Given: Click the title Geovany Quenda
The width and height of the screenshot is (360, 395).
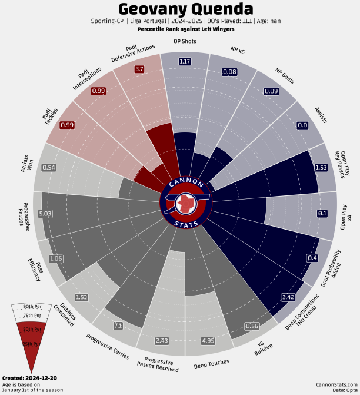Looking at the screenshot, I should click(x=186, y=10).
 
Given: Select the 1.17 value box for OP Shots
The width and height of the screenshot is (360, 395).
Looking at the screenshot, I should click(x=185, y=61).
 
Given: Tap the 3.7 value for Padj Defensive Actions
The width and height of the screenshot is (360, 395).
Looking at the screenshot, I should click(x=139, y=69).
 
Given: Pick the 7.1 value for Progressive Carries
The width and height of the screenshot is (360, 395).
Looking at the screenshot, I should click(x=118, y=326).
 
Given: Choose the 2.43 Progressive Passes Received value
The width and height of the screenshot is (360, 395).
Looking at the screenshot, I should click(x=162, y=341).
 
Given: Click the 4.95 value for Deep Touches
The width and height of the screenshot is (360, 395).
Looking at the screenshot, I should click(x=208, y=341).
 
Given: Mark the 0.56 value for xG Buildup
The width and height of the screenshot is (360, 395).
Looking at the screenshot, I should click(x=252, y=326).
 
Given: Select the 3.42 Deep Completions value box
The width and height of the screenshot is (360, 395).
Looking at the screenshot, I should click(x=288, y=297).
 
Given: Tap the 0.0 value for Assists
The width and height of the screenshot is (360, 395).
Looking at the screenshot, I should click(x=302, y=125).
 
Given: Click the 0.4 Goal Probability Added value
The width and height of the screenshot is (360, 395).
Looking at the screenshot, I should click(x=313, y=258).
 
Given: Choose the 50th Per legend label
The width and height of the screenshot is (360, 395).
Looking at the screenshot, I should click(x=33, y=328).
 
